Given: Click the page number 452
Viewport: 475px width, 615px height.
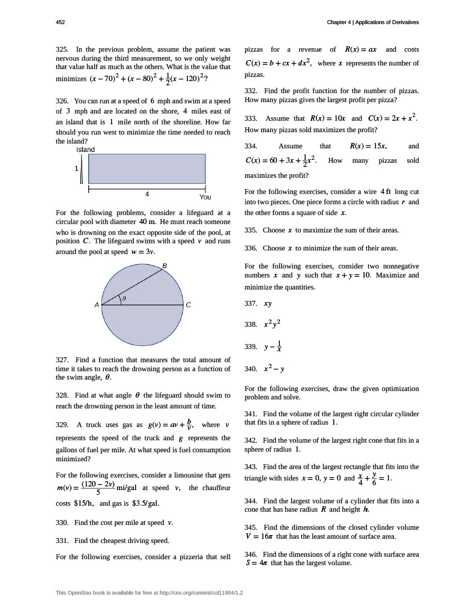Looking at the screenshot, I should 60,22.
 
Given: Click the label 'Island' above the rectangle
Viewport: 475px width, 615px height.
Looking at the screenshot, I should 85,149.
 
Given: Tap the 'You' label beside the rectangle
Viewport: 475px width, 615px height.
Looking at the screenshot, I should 205,197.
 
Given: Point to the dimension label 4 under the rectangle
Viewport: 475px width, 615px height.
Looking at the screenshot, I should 147,194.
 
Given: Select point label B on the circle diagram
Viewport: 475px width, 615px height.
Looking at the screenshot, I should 165,265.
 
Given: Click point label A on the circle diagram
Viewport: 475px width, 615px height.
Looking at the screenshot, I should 96,305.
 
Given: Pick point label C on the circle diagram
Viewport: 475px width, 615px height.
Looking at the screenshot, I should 188,305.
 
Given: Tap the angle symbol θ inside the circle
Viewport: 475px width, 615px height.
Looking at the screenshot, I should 124,298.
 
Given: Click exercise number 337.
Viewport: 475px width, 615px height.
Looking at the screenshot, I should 251,304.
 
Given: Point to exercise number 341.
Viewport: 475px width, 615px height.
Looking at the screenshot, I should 251,414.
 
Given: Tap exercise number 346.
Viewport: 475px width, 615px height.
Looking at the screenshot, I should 251,554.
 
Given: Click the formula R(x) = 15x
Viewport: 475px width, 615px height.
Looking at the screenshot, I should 368,146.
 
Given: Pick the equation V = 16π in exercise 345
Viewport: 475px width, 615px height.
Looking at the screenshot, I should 259,536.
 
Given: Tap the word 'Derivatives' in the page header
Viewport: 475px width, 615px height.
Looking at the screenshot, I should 403,22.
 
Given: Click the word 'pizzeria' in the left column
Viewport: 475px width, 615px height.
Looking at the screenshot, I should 180,557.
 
